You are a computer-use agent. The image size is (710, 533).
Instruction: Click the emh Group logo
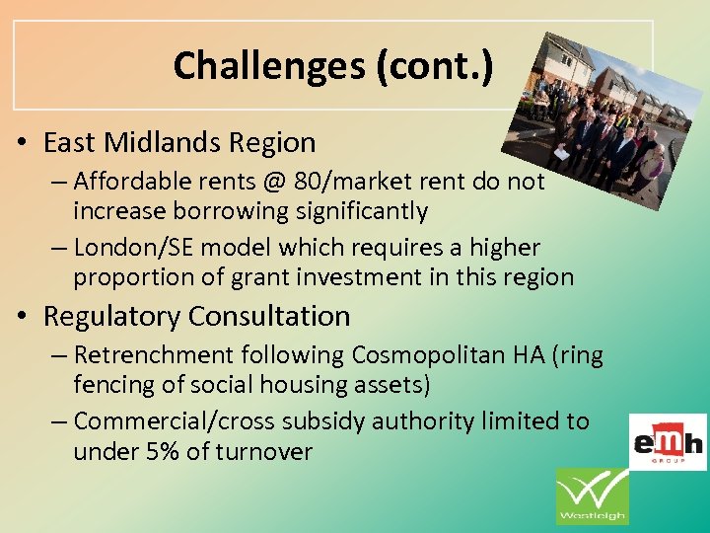pyautogui.click(x=669, y=441)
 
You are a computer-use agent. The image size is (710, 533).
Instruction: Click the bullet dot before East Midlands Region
pyautogui.click(x=21, y=144)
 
